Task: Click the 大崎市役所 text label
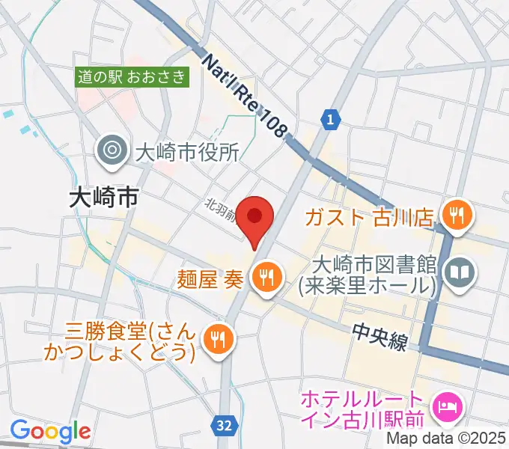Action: click(x=186, y=153)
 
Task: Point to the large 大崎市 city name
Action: click(x=104, y=198)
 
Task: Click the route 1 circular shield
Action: click(x=331, y=117)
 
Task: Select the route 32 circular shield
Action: click(x=223, y=424)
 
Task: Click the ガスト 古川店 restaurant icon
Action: click(x=454, y=217)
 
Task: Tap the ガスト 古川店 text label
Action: click(x=369, y=218)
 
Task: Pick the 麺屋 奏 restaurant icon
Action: click(x=265, y=278)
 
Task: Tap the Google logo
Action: click(x=50, y=431)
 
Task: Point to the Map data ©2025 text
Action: click(x=445, y=439)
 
